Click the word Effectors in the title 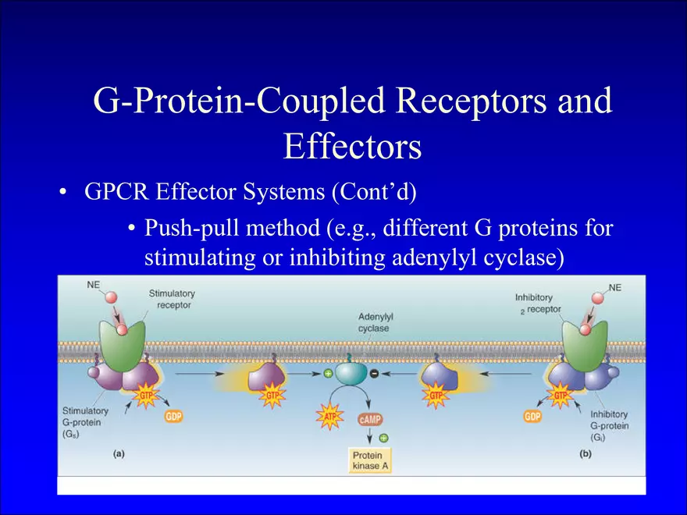[x=352, y=146]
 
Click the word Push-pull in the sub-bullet [x=188, y=229]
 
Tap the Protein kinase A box [x=370, y=460]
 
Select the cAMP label [x=370, y=419]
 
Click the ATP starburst [x=329, y=416]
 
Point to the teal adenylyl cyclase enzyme [x=351, y=372]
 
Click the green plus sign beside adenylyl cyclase [x=328, y=374]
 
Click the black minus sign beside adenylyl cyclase [x=374, y=374]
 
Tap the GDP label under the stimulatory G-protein [x=173, y=416]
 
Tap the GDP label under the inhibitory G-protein [x=532, y=416]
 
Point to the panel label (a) [x=119, y=454]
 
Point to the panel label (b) [x=586, y=454]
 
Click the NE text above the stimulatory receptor [x=94, y=285]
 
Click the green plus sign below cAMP [x=384, y=438]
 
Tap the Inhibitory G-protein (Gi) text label [x=609, y=426]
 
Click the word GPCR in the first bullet [x=116, y=192]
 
